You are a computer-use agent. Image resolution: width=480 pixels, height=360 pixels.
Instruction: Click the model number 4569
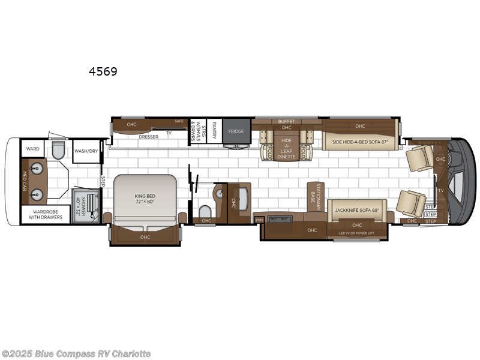103,72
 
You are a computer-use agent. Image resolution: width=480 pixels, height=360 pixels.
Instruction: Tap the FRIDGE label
236,131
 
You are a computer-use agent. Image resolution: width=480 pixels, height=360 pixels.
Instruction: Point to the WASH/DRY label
86,151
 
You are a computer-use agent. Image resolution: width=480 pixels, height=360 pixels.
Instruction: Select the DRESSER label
148,137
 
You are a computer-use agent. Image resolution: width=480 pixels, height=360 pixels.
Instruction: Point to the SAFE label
179,121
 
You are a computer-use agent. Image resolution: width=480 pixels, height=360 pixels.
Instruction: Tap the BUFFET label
286,121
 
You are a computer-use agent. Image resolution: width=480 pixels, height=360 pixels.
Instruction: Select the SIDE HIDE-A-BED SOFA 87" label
361,143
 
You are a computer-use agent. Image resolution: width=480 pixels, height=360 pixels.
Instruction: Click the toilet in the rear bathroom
58,149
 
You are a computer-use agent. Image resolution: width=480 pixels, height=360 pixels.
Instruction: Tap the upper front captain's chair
418,157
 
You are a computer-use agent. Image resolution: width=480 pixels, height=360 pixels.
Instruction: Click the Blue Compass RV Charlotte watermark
76,353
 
